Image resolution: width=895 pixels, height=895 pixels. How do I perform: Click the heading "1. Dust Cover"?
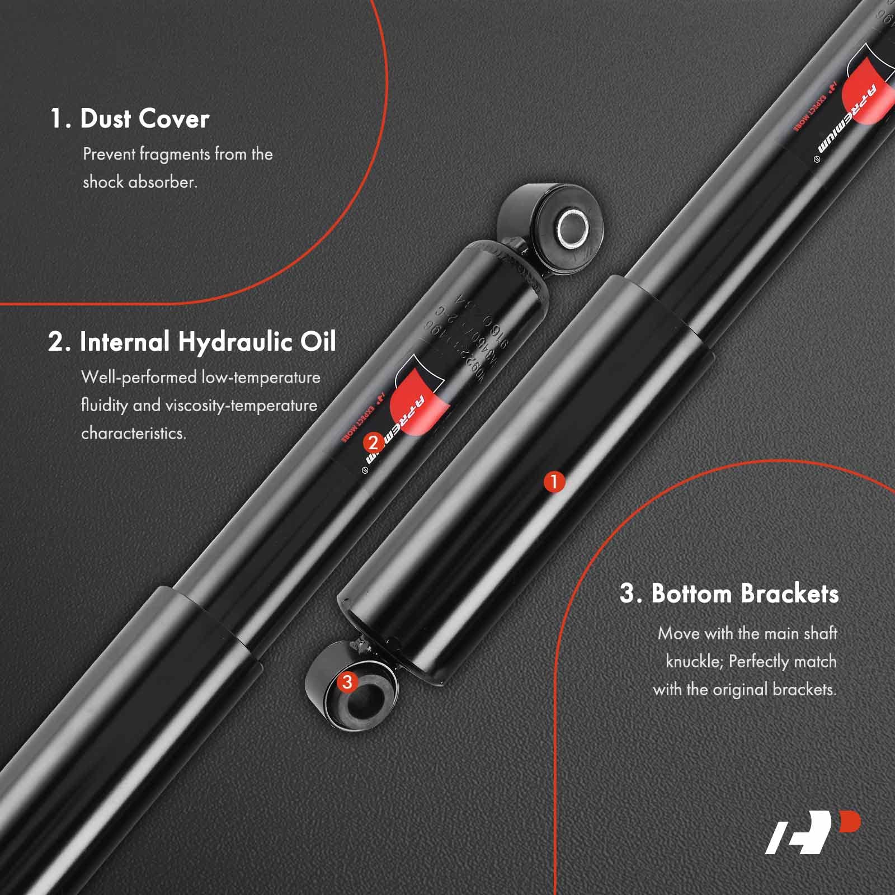click(129, 119)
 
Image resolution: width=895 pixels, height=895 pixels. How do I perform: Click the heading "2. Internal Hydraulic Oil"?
click(192, 342)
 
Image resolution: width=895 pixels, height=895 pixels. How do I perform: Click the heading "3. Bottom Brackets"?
click(729, 593)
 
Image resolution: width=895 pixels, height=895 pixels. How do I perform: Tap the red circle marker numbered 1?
click(554, 482)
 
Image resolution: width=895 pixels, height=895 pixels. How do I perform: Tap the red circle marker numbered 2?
click(373, 443)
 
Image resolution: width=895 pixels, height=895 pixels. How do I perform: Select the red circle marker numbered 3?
click(347, 681)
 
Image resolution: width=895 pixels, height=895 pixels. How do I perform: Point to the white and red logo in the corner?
click(812, 833)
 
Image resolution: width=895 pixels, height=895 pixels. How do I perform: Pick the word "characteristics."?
click(133, 434)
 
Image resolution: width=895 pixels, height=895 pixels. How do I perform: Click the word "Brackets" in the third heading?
click(792, 593)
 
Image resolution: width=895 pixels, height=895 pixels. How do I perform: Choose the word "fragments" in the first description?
click(174, 154)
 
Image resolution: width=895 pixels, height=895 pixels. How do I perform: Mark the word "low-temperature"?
click(261, 378)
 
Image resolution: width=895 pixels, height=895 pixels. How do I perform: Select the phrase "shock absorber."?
click(140, 182)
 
